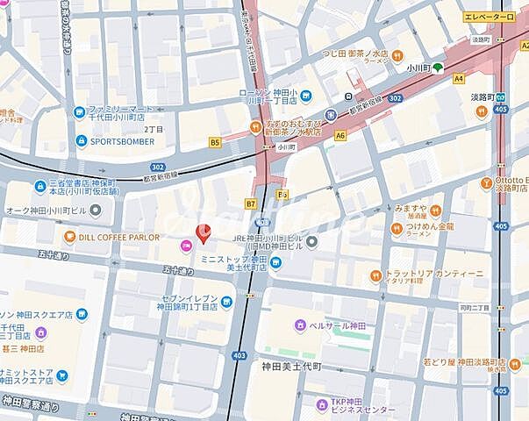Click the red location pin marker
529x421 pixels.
[202, 234]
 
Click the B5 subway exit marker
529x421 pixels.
[215, 141]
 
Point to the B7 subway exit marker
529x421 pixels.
[250, 204]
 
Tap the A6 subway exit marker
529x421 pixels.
[340, 136]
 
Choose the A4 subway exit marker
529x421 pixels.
[458, 78]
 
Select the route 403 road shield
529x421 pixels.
[239, 355]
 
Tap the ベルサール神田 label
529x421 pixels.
[334, 326]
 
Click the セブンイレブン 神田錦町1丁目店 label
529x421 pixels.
[189, 303]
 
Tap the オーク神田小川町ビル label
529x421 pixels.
[48, 210]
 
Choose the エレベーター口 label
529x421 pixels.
[490, 17]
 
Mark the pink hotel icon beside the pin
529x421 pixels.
[185, 247]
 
